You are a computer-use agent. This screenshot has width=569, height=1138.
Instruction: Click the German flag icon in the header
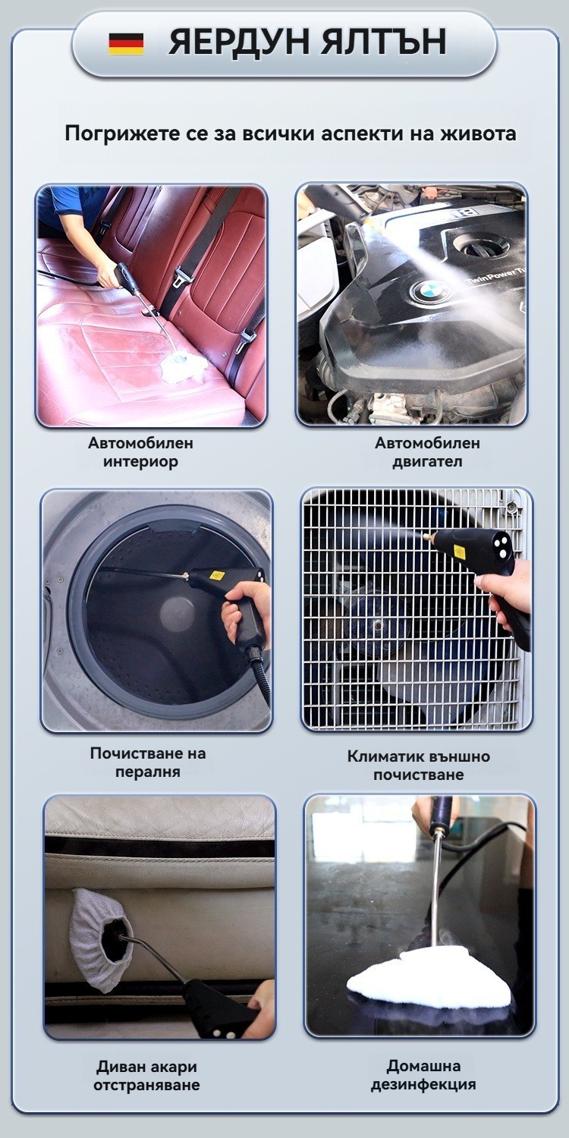coord(126,44)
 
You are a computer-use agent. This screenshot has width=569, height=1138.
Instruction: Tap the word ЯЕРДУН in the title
coord(237,42)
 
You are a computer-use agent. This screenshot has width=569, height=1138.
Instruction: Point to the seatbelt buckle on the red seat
coord(182,275)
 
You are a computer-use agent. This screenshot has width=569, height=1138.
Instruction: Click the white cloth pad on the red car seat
coord(184,366)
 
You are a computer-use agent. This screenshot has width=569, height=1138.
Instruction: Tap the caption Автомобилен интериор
coord(140,451)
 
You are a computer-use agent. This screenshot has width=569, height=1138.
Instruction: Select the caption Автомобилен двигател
coord(427,451)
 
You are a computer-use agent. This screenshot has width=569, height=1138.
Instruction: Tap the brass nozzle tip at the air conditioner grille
coord(429,536)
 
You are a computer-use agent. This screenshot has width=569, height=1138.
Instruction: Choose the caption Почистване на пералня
coord(148,762)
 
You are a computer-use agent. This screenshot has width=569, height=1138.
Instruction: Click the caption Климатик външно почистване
coord(419,765)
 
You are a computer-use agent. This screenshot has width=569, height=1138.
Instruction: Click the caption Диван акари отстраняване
coord(146,1076)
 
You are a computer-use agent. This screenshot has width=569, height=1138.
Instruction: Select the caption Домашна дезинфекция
coord(423,1074)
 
